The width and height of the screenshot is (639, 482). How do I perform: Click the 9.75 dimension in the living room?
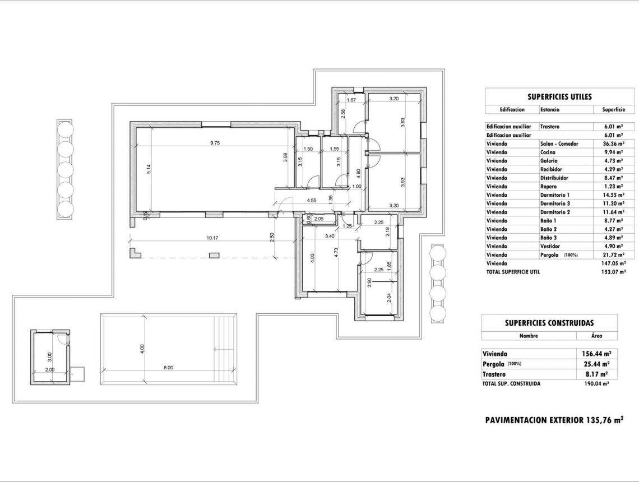(215, 143)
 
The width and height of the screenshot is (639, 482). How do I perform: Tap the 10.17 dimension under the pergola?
(212, 238)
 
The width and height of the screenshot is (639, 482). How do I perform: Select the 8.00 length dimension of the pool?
(168, 368)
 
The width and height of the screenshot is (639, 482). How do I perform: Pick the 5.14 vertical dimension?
(149, 169)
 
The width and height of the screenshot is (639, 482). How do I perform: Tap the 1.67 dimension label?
(351, 100)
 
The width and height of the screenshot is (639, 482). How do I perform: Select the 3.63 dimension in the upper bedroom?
(402, 122)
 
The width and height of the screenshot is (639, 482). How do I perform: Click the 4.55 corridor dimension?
(312, 200)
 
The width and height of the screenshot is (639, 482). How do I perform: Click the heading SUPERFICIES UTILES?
(552, 97)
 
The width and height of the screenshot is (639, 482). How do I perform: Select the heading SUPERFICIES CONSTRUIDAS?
(549, 323)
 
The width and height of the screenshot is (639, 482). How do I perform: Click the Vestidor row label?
(550, 246)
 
